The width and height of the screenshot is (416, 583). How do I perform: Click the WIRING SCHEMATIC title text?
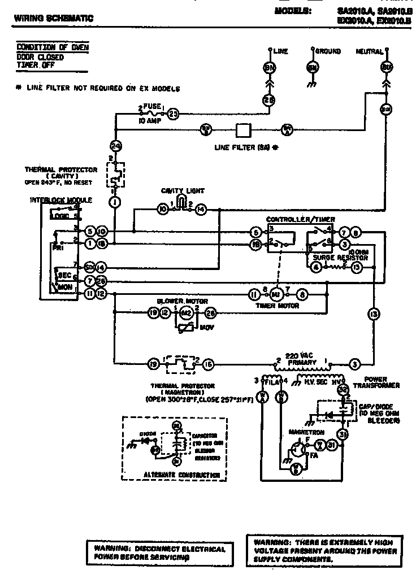[x=53, y=19]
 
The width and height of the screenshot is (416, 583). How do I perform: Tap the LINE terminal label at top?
[x=280, y=51]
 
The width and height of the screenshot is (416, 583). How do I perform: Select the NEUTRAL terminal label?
[x=369, y=51]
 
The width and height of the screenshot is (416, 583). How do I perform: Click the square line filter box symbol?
[x=243, y=129]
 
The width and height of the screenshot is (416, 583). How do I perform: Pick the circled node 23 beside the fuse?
[x=174, y=114]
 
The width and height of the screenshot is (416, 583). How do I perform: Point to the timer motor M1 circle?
[x=277, y=294]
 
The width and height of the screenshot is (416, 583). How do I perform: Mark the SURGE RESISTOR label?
[x=340, y=258]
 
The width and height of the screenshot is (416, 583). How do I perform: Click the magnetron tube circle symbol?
[x=295, y=449]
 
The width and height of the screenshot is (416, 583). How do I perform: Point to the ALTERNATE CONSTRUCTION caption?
[x=174, y=475]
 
